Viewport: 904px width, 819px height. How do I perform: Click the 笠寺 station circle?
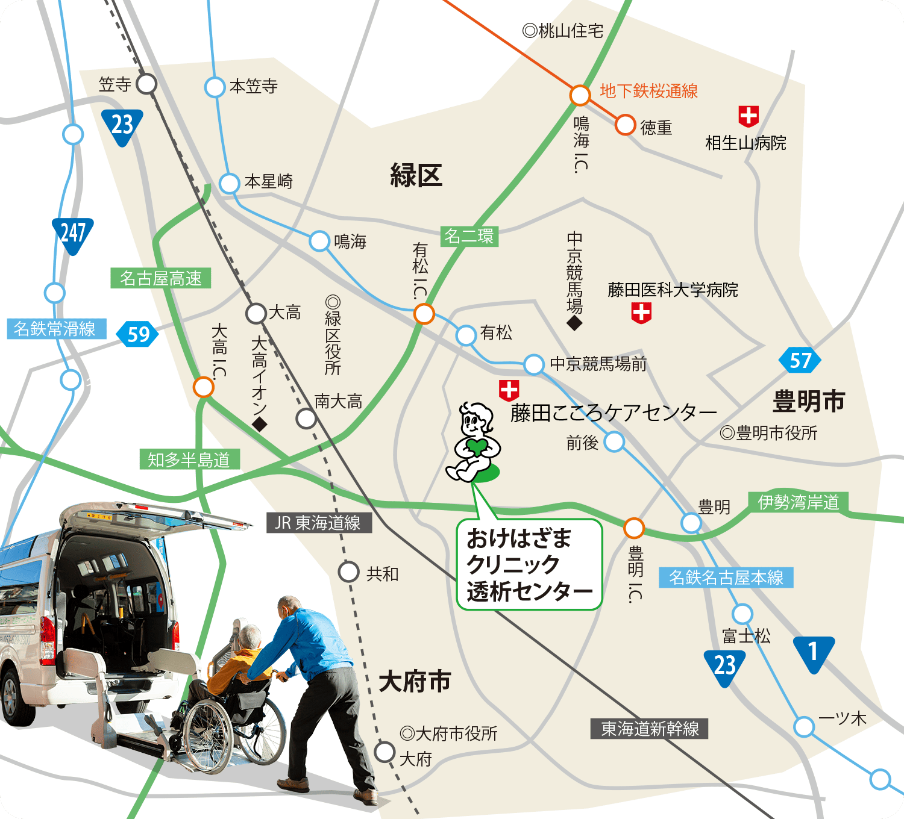pos(146,84)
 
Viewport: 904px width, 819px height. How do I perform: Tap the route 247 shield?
pos(73,234)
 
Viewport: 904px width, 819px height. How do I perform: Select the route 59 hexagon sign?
pos(138,334)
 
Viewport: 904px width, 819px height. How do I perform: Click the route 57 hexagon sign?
pos(800,360)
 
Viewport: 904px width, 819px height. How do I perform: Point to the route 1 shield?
pos(813,652)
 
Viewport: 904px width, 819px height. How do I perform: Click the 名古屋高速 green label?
pos(160,278)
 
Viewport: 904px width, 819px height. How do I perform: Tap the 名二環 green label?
pos(468,236)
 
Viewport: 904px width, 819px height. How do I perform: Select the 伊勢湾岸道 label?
pos(799,502)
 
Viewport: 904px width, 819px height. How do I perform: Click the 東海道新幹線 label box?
pos(650,729)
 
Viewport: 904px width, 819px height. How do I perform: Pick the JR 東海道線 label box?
pos(318,523)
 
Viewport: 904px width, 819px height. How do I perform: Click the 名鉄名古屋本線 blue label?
pos(726,578)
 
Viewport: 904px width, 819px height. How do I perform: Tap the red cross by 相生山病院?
pos(748,116)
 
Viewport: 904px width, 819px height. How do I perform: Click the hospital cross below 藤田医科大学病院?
pos(641,313)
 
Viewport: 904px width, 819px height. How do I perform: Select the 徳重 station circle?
pos(626,125)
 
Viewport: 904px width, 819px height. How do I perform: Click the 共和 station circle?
pos(348,571)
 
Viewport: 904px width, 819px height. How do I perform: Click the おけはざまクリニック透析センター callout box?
pos(529,565)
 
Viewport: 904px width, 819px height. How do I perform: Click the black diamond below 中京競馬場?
pos(574,323)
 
